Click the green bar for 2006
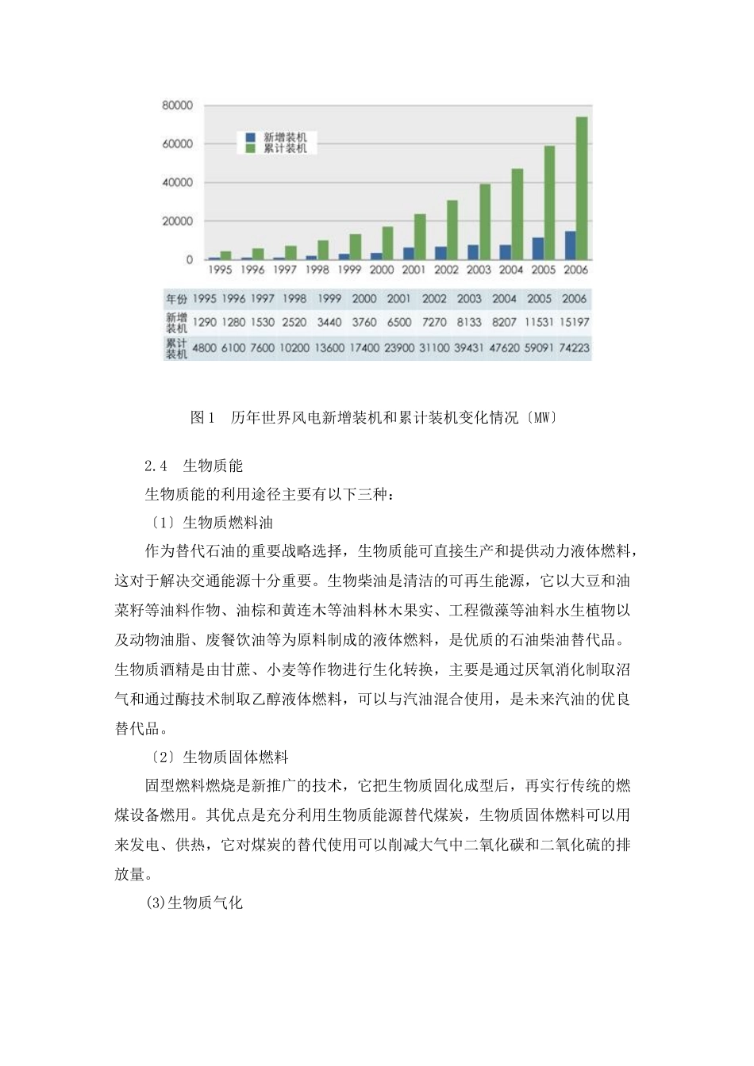tap(582, 188)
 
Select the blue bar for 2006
tap(571, 245)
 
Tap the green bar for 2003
tap(484, 221)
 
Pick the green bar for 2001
tap(420, 236)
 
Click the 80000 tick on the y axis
tap(178, 105)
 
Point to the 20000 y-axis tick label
tap(178, 221)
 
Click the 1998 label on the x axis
tap(317, 270)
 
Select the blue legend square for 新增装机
tap(251, 137)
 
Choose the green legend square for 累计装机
tap(251, 148)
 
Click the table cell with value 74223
tap(574, 347)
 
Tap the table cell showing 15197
tap(574, 322)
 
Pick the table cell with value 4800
tap(204, 347)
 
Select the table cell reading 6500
tap(399, 322)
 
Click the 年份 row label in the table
tap(176, 299)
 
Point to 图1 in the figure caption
tap(202, 417)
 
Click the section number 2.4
tap(156, 466)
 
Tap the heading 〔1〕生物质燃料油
tap(211, 523)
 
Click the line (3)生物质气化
tap(194, 903)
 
